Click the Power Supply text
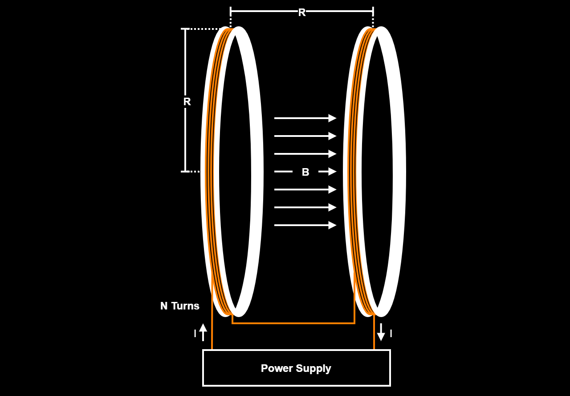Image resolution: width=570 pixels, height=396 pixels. [x=296, y=368]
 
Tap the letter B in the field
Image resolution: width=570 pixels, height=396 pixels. [x=305, y=172]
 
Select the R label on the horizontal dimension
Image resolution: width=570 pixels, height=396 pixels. [x=302, y=12]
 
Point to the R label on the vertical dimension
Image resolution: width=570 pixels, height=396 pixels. [x=187, y=102]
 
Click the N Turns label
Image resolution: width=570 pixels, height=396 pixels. [x=179, y=306]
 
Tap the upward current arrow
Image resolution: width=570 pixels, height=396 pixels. [x=203, y=332]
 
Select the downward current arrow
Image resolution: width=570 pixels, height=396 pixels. [x=381, y=332]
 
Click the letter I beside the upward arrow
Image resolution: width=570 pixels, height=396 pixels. [x=195, y=333]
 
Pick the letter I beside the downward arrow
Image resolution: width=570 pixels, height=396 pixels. [x=391, y=333]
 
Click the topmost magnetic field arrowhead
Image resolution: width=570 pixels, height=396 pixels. [x=332, y=118]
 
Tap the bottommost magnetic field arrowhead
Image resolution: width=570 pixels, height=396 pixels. [x=332, y=225]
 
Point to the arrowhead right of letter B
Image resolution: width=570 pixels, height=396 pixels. [x=332, y=172]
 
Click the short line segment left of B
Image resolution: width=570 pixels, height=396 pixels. [x=283, y=172]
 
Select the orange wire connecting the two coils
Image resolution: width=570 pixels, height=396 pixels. [x=293, y=323]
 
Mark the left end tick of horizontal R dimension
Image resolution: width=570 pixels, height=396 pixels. [x=231, y=11]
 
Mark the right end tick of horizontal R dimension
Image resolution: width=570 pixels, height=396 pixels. [x=373, y=11]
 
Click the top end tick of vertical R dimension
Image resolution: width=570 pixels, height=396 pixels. [x=185, y=29]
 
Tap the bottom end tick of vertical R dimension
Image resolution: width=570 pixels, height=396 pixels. [x=185, y=172]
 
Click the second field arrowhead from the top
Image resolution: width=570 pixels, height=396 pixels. [x=332, y=136]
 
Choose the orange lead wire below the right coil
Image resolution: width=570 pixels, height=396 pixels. [x=374, y=332]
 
